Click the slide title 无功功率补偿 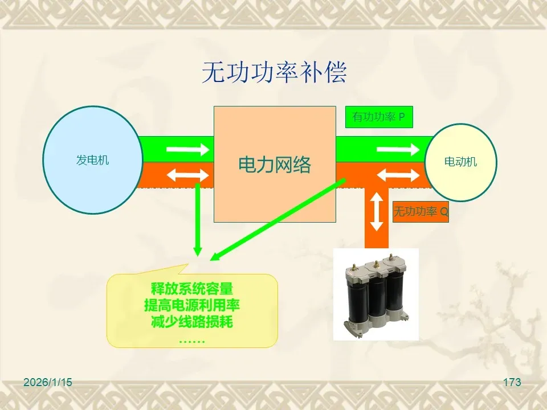coord(274,73)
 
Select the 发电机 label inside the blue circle coord(92,160)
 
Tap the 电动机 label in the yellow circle coord(460,162)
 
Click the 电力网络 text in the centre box coord(274,165)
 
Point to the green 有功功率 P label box coord(378,117)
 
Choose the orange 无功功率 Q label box coord(421,212)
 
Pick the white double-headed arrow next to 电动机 coord(398,175)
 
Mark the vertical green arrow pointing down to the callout coord(197,219)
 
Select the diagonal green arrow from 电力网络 coord(277,219)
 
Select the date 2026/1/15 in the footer coord(48,382)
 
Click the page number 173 coord(512,382)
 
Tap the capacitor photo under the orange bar coord(376,294)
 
